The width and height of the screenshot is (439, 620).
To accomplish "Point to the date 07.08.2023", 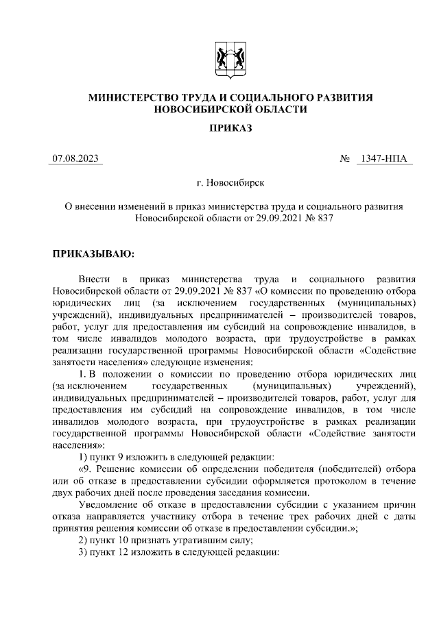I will [76, 159].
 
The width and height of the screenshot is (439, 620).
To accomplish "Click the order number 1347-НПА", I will [383, 159].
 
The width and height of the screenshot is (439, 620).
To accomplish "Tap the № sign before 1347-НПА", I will [346, 159].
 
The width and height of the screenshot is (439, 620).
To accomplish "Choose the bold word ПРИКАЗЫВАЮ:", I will [94, 253].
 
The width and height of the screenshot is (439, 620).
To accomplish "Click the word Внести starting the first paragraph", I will [93, 280].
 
